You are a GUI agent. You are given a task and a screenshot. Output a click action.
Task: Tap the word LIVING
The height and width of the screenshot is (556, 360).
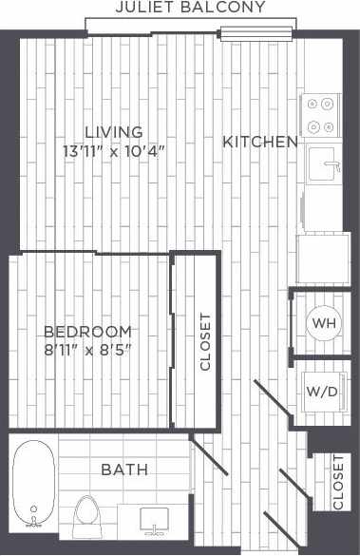(113, 132)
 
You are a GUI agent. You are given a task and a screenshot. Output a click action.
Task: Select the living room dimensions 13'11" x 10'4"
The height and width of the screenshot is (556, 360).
(113, 150)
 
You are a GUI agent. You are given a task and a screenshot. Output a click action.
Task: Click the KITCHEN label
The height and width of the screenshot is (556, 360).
(260, 143)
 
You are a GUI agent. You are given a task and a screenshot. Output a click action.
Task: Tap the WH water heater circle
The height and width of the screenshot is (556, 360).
(324, 323)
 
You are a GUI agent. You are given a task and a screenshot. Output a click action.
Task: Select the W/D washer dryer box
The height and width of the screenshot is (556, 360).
(323, 391)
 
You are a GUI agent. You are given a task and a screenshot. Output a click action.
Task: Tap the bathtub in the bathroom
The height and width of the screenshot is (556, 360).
(35, 484)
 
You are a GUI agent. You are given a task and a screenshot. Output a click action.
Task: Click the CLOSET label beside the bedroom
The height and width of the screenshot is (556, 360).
(205, 341)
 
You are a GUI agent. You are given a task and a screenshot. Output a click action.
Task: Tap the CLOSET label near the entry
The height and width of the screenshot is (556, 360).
(338, 482)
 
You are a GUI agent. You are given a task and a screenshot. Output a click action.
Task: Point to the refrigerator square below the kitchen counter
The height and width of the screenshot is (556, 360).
(323, 257)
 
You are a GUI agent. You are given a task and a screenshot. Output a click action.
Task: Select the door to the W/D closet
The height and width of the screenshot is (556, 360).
(272, 399)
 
